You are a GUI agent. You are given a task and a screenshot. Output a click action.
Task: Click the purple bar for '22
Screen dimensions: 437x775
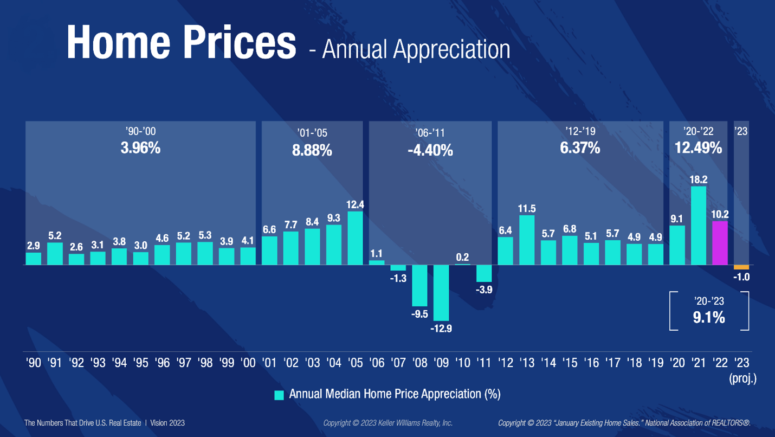(x=720, y=243)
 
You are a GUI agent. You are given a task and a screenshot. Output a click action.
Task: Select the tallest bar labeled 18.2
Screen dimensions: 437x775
(x=699, y=226)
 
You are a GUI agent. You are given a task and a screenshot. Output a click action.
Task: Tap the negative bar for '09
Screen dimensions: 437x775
(x=441, y=293)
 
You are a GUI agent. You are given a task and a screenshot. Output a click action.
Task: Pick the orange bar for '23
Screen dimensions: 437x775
(x=741, y=267)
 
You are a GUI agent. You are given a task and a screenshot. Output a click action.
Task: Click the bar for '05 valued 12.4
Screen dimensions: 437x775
(x=355, y=238)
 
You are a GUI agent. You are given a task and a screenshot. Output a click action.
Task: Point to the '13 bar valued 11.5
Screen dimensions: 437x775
(x=527, y=240)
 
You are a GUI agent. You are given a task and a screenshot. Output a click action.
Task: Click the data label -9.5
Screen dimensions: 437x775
(x=419, y=314)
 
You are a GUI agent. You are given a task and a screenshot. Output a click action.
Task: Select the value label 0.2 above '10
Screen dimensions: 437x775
(x=462, y=258)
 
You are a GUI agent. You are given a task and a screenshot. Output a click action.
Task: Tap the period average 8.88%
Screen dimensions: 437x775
(x=312, y=150)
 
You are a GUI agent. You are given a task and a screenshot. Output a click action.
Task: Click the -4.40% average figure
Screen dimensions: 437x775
(x=430, y=150)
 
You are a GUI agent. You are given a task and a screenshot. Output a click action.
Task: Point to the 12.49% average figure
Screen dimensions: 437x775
(x=698, y=147)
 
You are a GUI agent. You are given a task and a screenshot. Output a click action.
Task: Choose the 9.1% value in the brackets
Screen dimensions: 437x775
(x=709, y=318)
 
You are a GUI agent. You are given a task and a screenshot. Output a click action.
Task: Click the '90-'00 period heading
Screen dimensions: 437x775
(x=140, y=132)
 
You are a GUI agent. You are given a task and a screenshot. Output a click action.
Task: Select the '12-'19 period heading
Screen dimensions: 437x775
(x=580, y=132)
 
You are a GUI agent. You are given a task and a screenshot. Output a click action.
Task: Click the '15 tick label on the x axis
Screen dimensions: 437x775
(x=570, y=363)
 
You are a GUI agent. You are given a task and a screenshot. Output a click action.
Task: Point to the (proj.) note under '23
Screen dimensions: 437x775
(x=742, y=379)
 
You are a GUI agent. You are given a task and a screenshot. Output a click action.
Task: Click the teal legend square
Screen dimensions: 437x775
(x=279, y=395)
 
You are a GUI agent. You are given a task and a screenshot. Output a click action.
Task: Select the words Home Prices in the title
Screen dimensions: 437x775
(x=182, y=42)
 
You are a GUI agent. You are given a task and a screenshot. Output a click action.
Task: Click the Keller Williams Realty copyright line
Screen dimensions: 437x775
(x=387, y=423)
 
